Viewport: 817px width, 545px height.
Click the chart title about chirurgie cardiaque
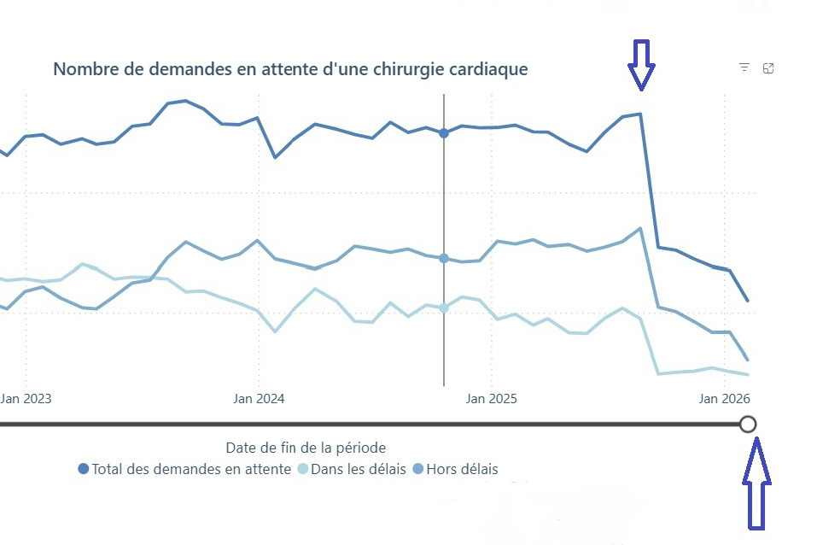tap(290, 69)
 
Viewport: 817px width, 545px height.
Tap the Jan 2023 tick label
tap(26, 398)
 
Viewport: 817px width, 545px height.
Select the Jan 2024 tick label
tap(260, 398)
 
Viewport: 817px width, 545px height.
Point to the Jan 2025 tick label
tap(492, 398)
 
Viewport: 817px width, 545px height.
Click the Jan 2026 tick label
tap(724, 398)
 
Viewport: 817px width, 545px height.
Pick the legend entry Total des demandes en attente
tap(190, 469)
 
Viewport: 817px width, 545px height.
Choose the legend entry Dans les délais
tap(358, 469)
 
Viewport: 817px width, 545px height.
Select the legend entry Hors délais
tap(462, 469)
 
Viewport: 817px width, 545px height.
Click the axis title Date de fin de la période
tap(306, 448)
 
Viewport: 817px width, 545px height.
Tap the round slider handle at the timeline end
tap(749, 424)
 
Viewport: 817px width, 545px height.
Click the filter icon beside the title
tap(744, 68)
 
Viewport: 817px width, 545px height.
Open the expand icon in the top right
tap(768, 68)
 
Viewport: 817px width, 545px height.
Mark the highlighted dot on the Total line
tap(444, 133)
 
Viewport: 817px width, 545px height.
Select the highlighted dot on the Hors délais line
tap(444, 258)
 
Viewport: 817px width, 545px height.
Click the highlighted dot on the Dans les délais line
tap(444, 308)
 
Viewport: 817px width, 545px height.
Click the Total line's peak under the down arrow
tap(640, 114)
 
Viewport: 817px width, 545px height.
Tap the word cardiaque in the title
tap(491, 69)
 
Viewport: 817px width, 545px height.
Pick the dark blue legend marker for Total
tap(84, 469)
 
